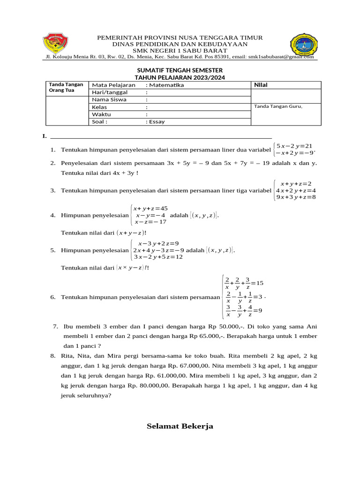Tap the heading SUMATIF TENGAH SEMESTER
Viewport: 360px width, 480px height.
[180, 70]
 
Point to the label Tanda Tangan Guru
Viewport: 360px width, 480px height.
[278, 106]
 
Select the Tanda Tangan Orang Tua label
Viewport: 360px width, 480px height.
[66, 87]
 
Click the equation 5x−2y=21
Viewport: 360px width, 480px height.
[294, 146]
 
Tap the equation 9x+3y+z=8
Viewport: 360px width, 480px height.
[296, 197]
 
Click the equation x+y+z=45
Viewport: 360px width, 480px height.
[150, 209]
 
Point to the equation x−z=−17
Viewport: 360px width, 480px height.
[150, 222]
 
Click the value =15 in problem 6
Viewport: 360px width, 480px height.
[257, 283]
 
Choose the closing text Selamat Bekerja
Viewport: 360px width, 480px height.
[180, 426]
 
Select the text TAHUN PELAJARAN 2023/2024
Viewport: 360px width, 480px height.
[180, 77]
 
